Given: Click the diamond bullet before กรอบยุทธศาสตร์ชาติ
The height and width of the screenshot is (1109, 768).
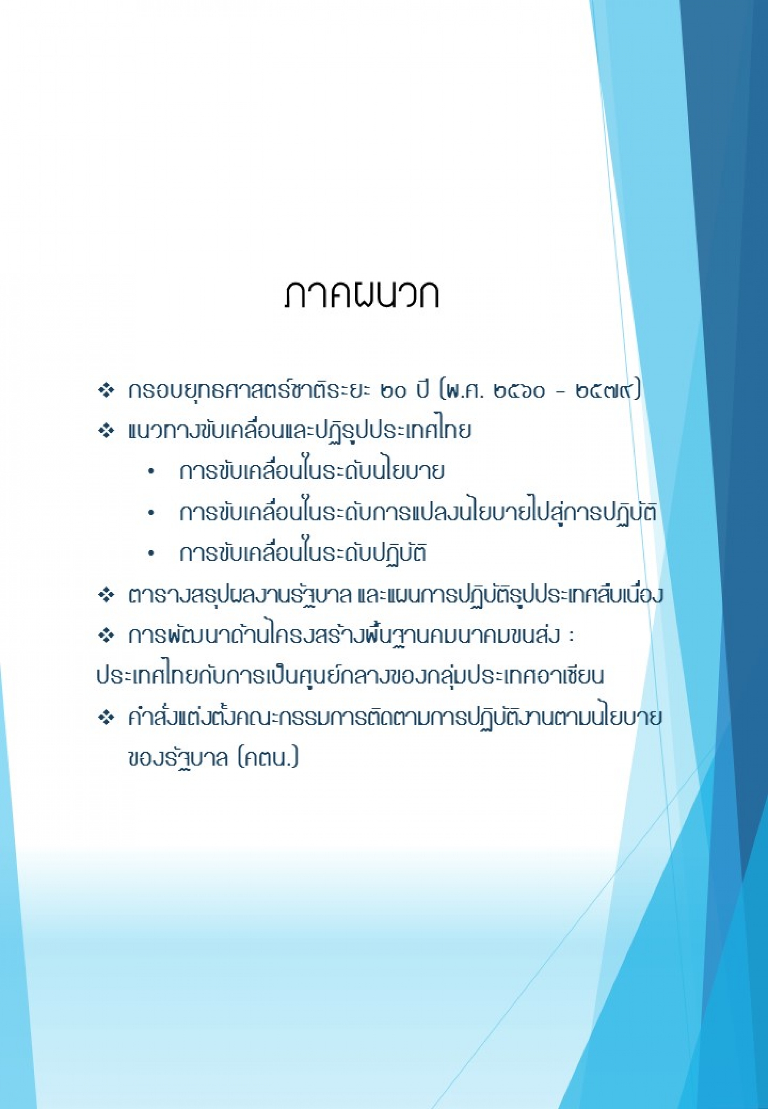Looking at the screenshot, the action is point(105,390).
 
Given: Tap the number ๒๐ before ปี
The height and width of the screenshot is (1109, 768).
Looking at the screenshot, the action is point(394,391).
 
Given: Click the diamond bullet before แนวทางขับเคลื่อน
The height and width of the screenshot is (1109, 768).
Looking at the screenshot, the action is point(105,431).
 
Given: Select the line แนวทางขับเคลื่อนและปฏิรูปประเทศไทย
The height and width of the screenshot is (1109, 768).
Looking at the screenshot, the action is point(299,430).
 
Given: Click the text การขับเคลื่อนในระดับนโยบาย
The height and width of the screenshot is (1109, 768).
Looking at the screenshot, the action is point(312,471).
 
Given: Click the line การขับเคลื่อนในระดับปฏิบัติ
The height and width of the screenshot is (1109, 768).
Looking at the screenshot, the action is point(303,553).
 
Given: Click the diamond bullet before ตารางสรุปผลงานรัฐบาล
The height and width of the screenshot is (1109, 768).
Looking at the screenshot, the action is point(105,596).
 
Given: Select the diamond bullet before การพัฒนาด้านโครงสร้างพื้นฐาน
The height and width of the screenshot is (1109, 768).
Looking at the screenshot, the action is point(105,636).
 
